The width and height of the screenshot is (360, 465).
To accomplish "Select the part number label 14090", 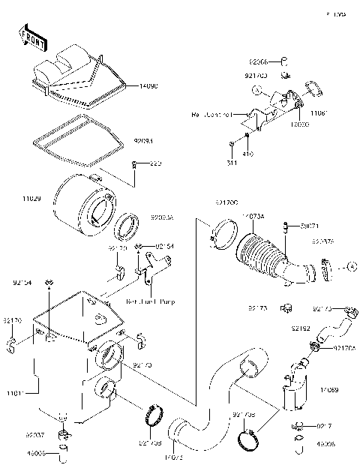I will click(148, 87).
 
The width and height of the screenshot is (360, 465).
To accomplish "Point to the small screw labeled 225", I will click(133, 164).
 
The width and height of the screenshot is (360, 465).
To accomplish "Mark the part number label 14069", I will click(328, 390).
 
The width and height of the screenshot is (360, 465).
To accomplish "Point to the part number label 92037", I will click(35, 435).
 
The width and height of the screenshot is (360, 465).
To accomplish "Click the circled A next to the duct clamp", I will click(349, 266).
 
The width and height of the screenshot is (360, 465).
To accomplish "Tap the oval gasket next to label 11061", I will click(315, 89).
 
